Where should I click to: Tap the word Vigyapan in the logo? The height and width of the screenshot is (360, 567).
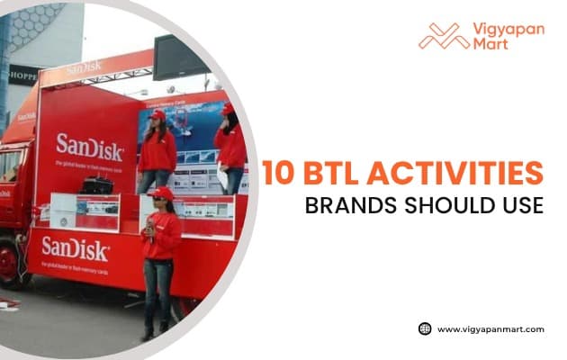507,29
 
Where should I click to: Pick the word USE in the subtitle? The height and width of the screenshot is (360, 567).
521,205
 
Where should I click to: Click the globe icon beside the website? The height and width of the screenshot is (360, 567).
425,328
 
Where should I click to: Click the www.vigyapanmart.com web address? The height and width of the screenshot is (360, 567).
490,329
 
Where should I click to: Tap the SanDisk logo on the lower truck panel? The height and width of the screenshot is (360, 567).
75,246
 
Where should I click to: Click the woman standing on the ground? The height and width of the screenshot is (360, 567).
161,261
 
